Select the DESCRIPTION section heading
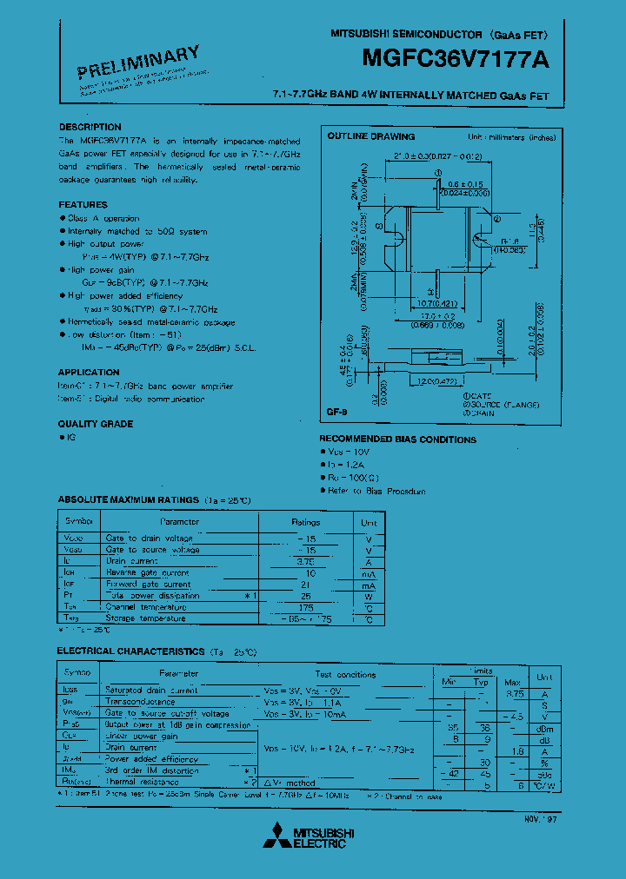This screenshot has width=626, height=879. (x=90, y=127)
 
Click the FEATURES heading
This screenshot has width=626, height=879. (x=83, y=205)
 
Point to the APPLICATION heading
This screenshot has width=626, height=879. (x=89, y=373)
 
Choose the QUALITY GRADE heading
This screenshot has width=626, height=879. (x=95, y=424)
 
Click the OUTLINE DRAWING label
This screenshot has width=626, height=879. (x=370, y=136)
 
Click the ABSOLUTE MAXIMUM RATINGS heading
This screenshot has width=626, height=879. (x=128, y=500)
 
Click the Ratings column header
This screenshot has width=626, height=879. (x=305, y=522)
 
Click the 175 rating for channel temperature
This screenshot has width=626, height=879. (x=305, y=606)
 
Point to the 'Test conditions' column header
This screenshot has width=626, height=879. (x=345, y=674)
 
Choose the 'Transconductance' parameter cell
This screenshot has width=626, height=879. (x=140, y=701)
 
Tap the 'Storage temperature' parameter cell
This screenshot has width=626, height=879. (x=145, y=618)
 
